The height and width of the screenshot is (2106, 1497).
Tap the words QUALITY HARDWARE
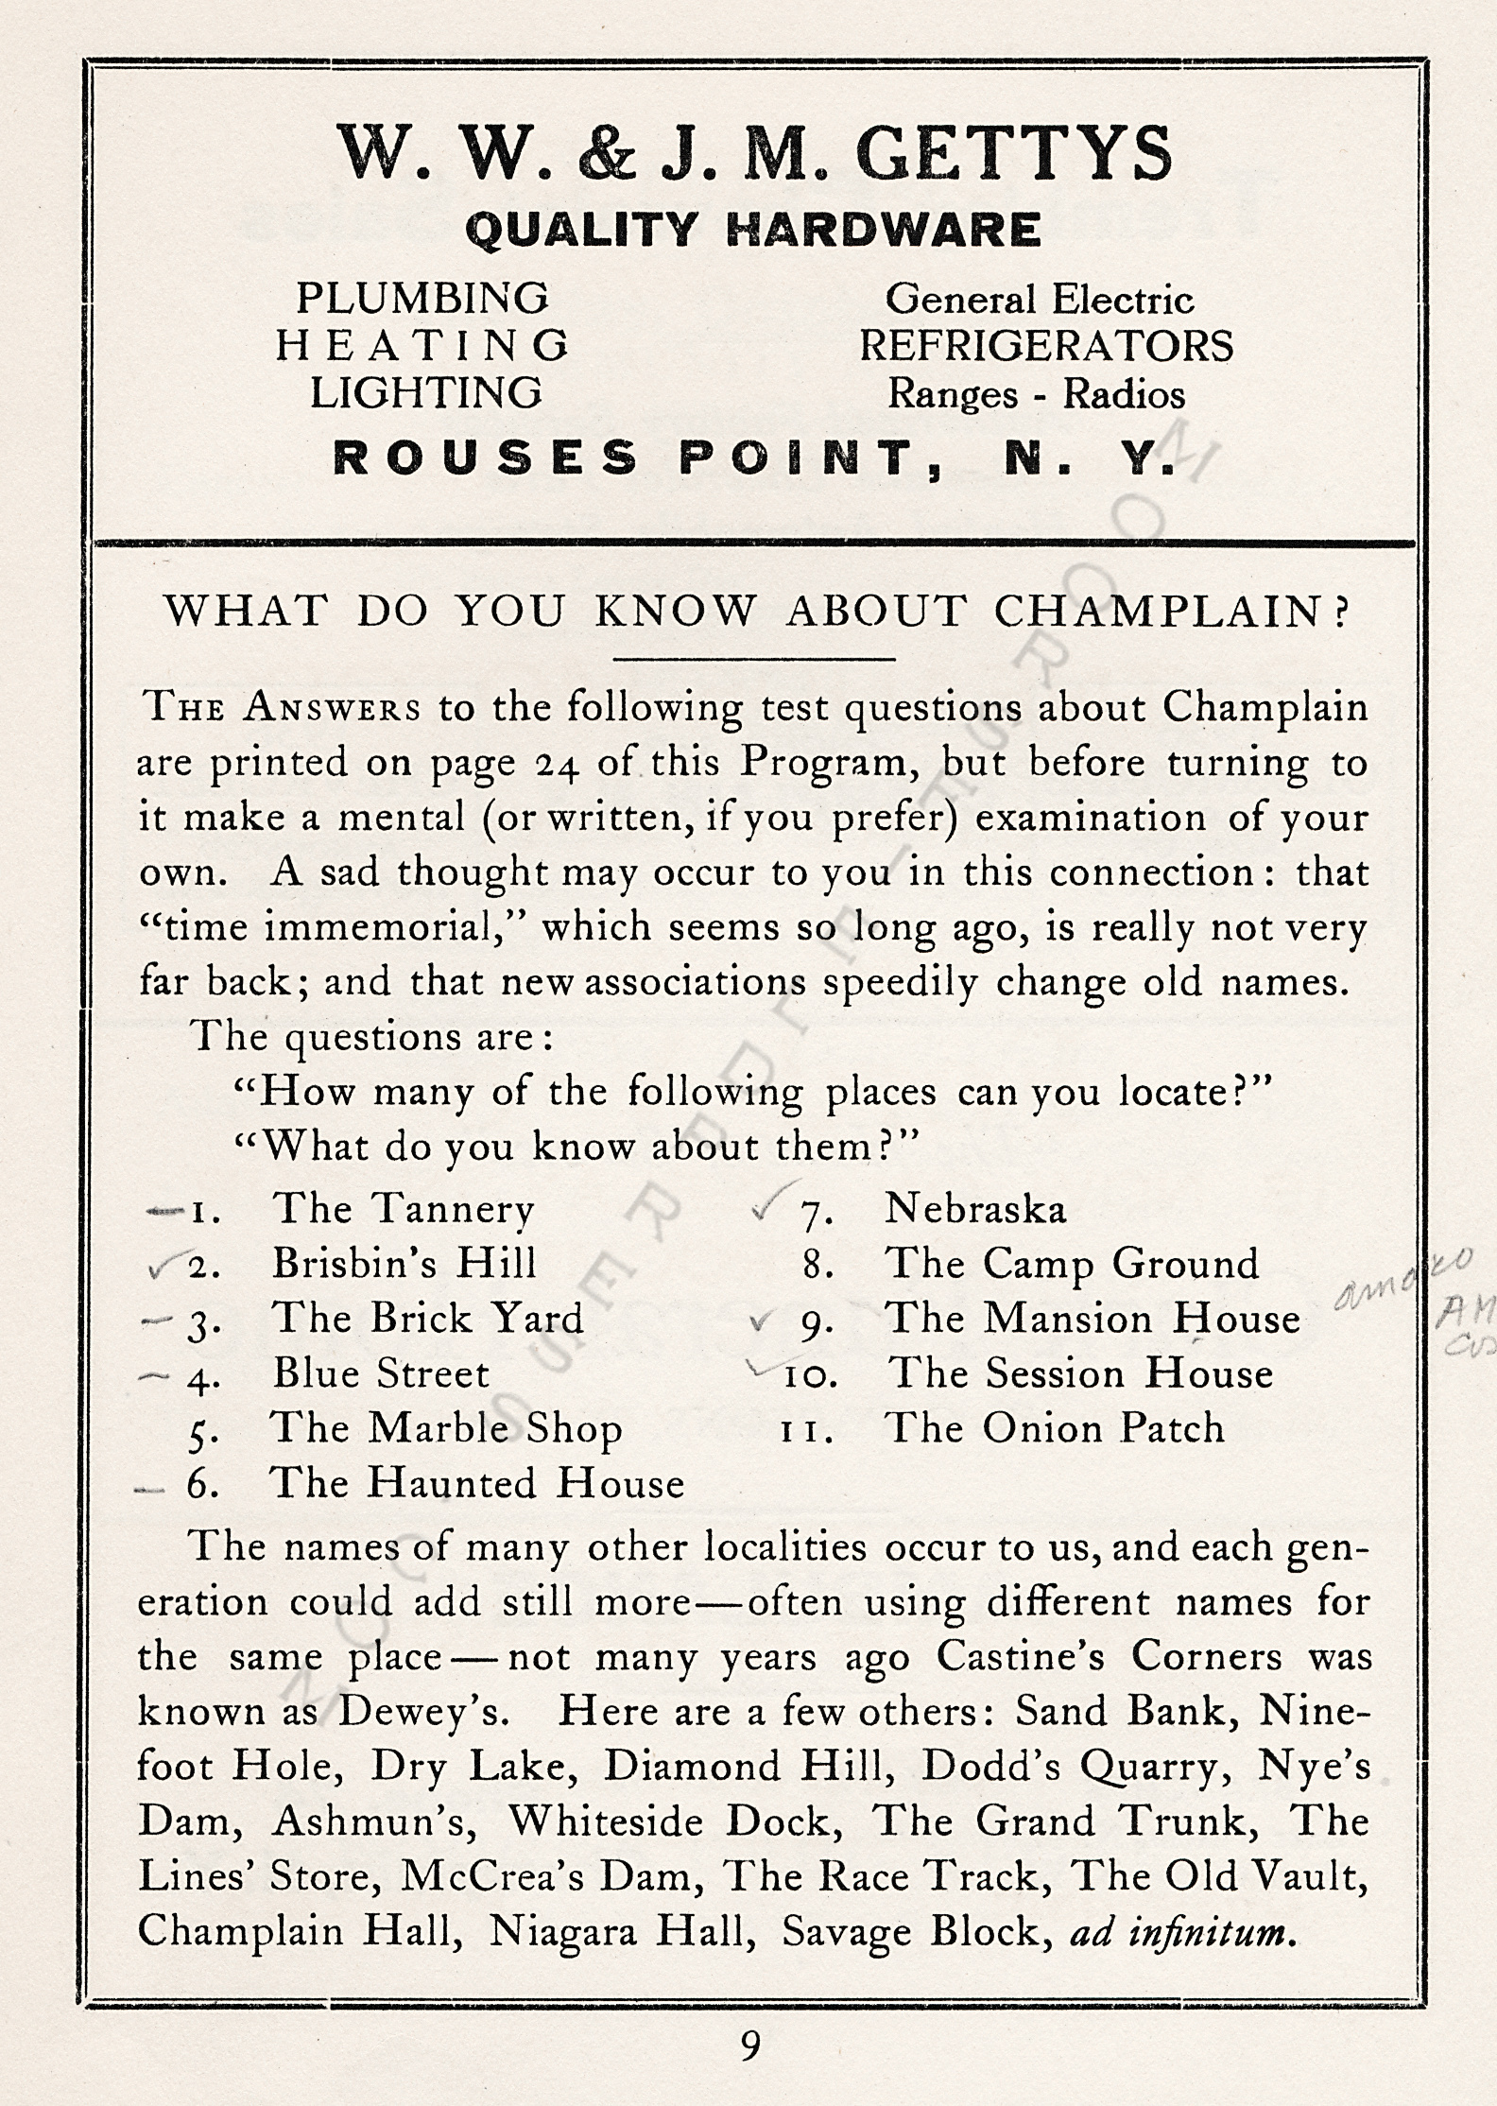tap(752, 230)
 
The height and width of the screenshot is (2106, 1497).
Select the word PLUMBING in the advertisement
tap(422, 299)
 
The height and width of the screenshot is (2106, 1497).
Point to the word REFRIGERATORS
tap(1046, 346)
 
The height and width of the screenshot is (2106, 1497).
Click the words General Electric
tap(1039, 301)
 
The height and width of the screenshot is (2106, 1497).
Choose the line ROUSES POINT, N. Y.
tap(754, 459)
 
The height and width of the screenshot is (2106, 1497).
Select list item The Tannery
tap(403, 1209)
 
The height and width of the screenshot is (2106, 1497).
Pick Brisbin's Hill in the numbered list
tap(404, 1264)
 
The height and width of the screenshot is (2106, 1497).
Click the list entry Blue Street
tap(381, 1373)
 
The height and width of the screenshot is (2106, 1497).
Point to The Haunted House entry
tap(476, 1483)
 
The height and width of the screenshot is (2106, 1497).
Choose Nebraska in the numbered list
tap(974, 1209)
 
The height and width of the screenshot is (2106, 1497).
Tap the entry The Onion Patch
tap(1054, 1428)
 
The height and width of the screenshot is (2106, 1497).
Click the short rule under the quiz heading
tap(753, 658)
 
